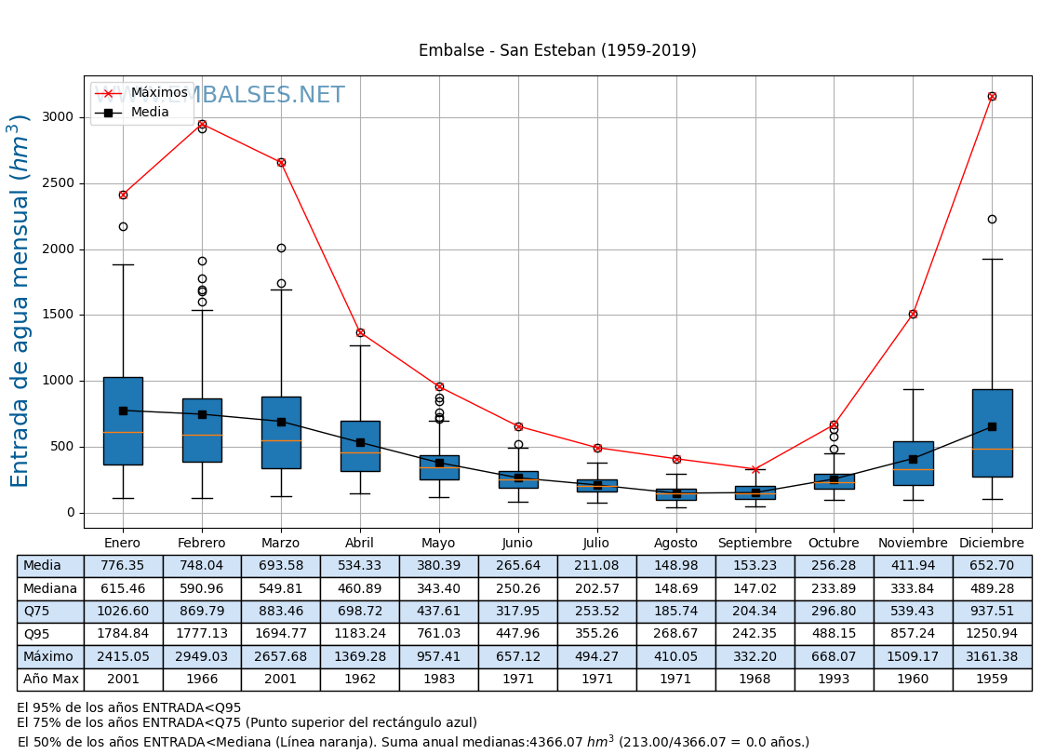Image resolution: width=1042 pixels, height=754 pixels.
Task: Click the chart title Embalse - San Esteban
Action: click(557, 51)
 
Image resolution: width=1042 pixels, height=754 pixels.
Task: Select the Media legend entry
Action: click(150, 113)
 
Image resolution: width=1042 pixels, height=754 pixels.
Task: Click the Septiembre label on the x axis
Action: click(755, 543)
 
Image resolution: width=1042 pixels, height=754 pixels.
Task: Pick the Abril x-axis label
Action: click(360, 543)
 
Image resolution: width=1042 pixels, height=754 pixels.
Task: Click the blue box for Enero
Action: click(123, 421)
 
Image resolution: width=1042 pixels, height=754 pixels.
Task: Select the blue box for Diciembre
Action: click(992, 433)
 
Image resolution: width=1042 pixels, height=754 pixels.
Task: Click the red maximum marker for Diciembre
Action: click(992, 96)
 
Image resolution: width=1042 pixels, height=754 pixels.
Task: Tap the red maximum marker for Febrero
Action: click(202, 124)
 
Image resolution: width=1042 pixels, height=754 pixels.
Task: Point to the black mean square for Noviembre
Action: click(913, 459)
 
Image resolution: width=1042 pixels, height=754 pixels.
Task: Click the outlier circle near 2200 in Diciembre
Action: click(992, 219)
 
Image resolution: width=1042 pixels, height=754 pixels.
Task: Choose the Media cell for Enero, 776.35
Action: click(123, 566)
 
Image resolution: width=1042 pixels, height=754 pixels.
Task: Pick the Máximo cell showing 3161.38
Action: click(992, 656)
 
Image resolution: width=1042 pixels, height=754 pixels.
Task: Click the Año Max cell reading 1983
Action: click(439, 680)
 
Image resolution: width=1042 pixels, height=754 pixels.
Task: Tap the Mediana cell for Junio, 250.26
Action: click(517, 588)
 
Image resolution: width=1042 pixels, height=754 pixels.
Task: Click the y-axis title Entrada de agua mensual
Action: click(20, 301)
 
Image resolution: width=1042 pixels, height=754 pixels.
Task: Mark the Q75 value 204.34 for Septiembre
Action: click(755, 612)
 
